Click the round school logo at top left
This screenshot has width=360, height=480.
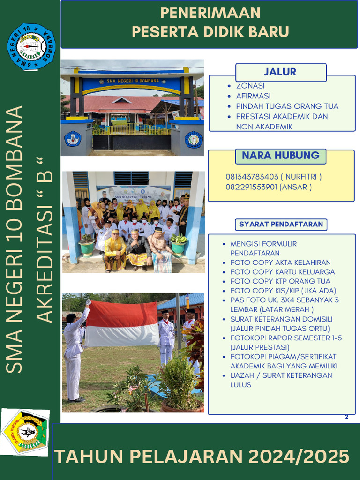(31, 46)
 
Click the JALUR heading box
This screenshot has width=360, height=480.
(280, 72)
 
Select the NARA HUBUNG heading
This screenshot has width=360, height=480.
(280, 156)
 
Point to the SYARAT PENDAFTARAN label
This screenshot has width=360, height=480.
(281, 224)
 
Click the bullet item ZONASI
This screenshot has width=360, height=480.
(250, 86)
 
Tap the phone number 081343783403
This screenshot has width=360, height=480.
(252, 177)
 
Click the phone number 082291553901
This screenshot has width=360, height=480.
(252, 187)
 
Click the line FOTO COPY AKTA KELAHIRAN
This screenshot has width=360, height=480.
(280, 262)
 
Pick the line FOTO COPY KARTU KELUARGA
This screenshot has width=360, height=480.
(283, 272)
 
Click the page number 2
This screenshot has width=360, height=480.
(347, 417)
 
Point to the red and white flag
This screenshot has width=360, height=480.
(122, 323)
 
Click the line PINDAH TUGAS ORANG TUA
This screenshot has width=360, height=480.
(287, 106)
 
